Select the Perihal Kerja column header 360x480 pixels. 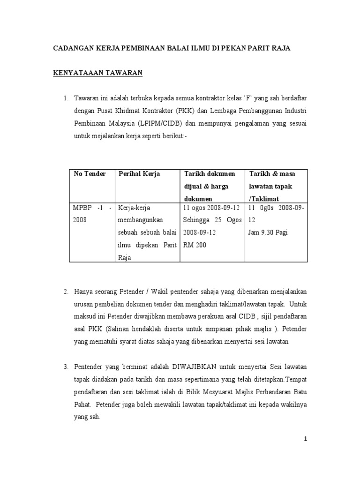pos(139,174)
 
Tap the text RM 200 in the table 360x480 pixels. pos(194,245)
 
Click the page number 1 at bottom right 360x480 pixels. pos(305,439)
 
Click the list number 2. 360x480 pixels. pos(66,292)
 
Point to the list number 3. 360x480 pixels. pos(66,366)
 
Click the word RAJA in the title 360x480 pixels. pos(281,48)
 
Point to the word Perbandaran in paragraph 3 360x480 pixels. pos(270,391)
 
